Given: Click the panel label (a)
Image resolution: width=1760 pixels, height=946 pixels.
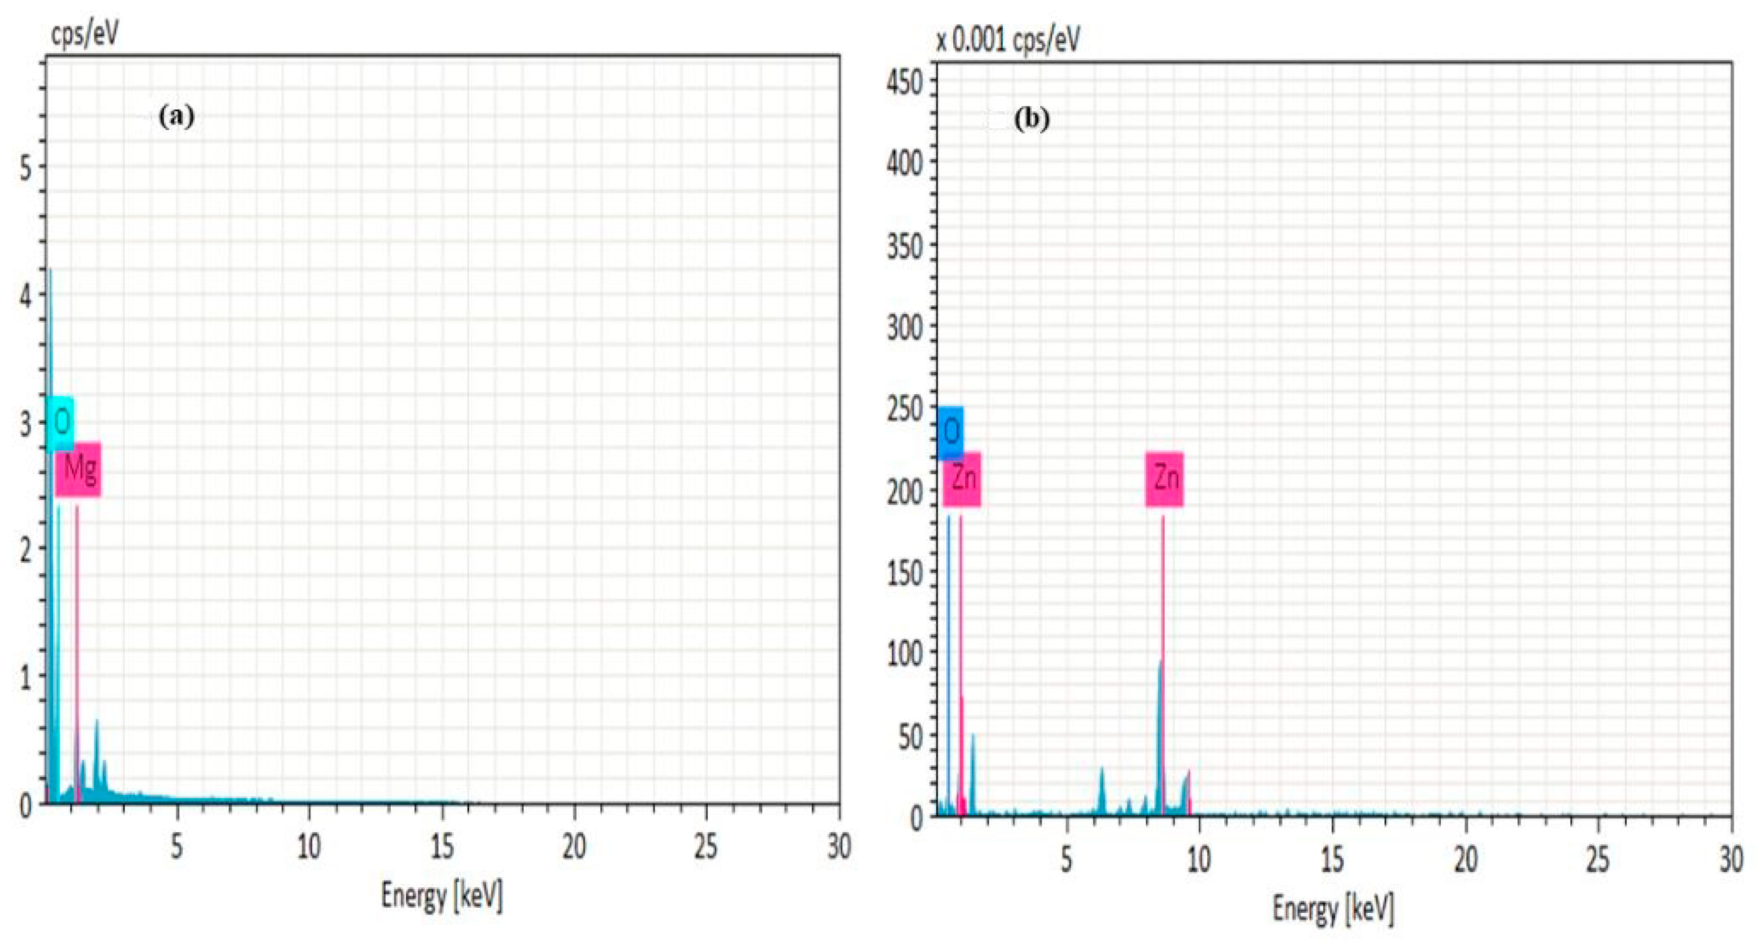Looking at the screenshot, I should [x=177, y=117].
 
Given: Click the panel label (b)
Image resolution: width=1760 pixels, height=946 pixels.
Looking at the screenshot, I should [x=1031, y=120].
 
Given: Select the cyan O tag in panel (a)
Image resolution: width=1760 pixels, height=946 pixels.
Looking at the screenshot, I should [x=60, y=423].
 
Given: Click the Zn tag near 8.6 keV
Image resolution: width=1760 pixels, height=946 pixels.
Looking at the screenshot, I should [x=1165, y=479].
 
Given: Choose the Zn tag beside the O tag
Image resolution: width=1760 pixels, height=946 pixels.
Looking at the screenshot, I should [x=962, y=479].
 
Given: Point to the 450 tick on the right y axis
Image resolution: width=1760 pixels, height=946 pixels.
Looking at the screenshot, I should [x=904, y=83].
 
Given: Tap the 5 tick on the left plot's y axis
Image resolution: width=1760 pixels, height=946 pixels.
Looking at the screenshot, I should [x=25, y=166].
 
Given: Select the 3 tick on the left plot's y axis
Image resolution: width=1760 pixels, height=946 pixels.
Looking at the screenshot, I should [x=25, y=424].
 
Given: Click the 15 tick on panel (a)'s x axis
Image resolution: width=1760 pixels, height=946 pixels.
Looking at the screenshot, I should [x=442, y=847].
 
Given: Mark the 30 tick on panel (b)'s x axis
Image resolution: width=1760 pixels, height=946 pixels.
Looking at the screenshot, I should [x=1730, y=859].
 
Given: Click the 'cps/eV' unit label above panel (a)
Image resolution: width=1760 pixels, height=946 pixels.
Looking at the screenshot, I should [x=84, y=32].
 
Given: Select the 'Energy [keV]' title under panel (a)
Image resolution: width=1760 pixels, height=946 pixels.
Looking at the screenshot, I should [x=442, y=895].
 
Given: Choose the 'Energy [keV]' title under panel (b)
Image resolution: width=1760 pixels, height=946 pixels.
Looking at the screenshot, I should [x=1333, y=909].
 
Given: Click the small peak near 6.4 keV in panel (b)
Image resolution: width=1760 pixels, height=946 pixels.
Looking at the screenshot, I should [x=1102, y=770].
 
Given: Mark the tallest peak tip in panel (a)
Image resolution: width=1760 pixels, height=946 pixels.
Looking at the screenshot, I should [x=50, y=271].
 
